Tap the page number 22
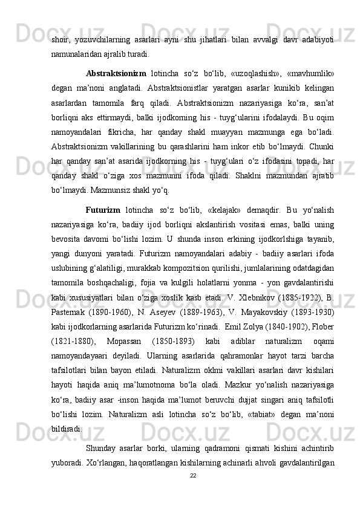193,475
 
